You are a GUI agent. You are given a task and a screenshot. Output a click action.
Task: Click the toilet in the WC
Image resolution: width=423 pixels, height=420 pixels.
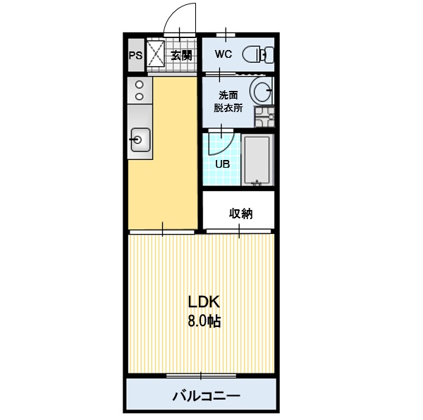pos(255,54)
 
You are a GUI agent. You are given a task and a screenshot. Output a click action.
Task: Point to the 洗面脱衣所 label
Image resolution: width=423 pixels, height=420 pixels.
pos(229,101)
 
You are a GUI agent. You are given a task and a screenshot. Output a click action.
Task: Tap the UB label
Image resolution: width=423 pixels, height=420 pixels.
pos(222,164)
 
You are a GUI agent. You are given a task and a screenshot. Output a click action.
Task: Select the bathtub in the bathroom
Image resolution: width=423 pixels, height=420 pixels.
pos(257,160)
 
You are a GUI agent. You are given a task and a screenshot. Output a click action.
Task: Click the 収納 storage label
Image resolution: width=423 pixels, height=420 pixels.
pos(240,214)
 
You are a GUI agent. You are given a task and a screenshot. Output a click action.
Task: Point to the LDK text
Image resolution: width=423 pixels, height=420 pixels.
pos(204,302)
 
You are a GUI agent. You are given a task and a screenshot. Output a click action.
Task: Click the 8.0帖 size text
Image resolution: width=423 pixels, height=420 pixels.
pos(204,322)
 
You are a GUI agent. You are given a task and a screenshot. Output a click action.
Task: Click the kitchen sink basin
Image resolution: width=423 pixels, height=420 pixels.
pos(138,139)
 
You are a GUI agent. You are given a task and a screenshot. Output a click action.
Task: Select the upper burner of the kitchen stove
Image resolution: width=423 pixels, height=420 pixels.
pos(139,84)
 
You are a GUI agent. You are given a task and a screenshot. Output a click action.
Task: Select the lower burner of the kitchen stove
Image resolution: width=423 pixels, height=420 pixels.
pos(139,95)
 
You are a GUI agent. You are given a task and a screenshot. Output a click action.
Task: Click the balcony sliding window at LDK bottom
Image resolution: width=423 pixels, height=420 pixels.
pos(201,374)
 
